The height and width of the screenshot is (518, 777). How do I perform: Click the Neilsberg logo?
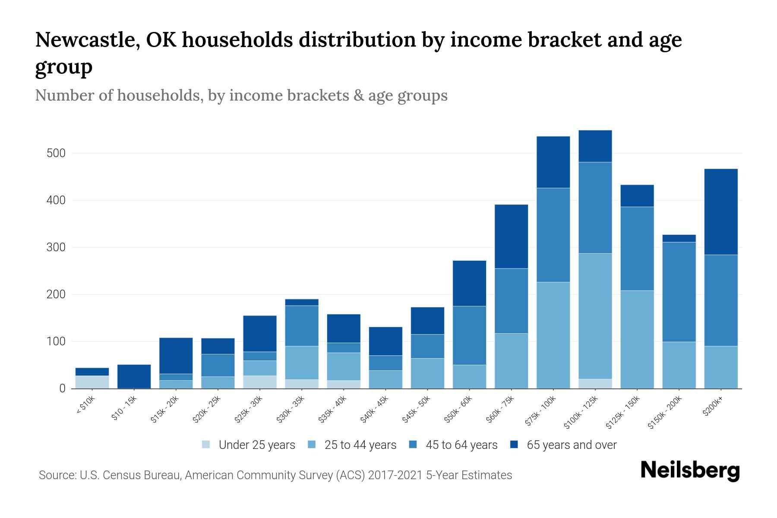(x=690, y=471)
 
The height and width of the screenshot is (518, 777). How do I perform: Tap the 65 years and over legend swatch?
(x=514, y=445)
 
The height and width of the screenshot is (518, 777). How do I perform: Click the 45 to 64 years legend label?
(x=461, y=445)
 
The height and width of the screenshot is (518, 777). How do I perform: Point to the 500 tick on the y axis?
(x=56, y=154)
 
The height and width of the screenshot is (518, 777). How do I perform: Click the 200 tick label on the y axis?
(x=56, y=295)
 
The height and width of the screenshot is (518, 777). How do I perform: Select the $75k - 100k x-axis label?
(x=541, y=412)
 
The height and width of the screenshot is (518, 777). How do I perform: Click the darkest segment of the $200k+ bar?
(x=720, y=212)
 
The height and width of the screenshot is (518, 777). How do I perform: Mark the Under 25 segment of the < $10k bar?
(x=92, y=382)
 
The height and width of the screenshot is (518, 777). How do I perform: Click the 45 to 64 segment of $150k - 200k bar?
(x=679, y=292)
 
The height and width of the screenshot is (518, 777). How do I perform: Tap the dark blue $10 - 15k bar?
(x=134, y=376)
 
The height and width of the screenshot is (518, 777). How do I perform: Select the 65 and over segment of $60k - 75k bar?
(x=511, y=236)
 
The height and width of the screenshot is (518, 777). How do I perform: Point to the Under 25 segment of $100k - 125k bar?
(x=595, y=384)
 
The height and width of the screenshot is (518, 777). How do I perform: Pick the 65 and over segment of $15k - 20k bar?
(x=176, y=356)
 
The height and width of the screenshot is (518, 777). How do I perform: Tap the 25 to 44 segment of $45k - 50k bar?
(x=427, y=373)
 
